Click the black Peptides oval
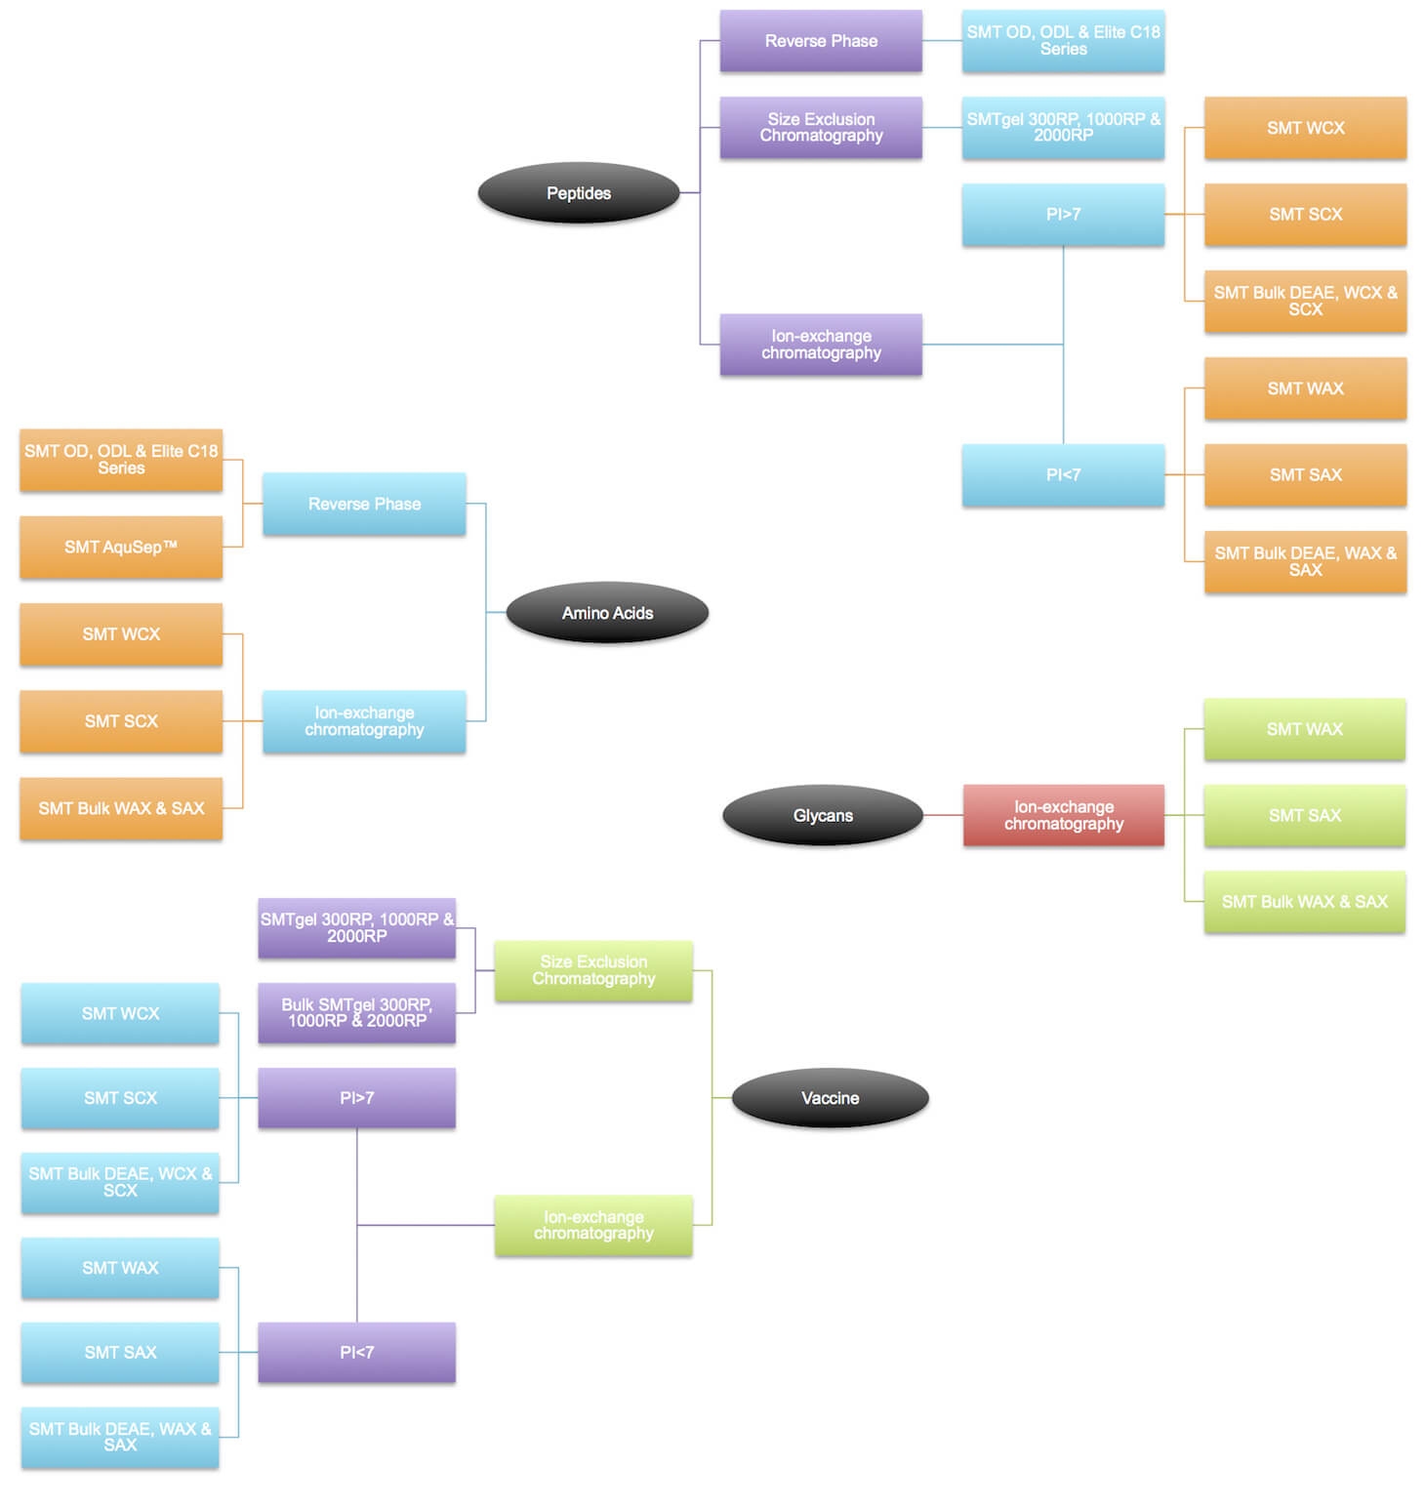pos(578,193)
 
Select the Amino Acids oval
pos(607,613)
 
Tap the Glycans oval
pos(823,815)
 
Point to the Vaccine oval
pos(830,1098)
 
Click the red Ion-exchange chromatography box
pos(1063,815)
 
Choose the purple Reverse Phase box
pos(821,41)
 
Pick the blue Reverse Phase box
pos(364,504)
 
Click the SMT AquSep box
pos(121,547)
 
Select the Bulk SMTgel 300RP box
pos(356,1012)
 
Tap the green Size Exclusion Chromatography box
pos(593,970)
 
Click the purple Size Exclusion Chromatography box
pos(821,127)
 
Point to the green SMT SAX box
pos(1304,815)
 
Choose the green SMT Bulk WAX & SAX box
pos(1304,902)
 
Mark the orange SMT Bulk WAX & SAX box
pos(121,808)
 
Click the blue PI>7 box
pos(1063,214)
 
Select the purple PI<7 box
pos(356,1352)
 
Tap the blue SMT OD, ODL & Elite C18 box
pos(1063,41)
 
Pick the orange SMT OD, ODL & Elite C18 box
pos(121,460)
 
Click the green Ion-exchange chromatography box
pos(593,1225)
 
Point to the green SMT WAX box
pos(1304,729)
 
